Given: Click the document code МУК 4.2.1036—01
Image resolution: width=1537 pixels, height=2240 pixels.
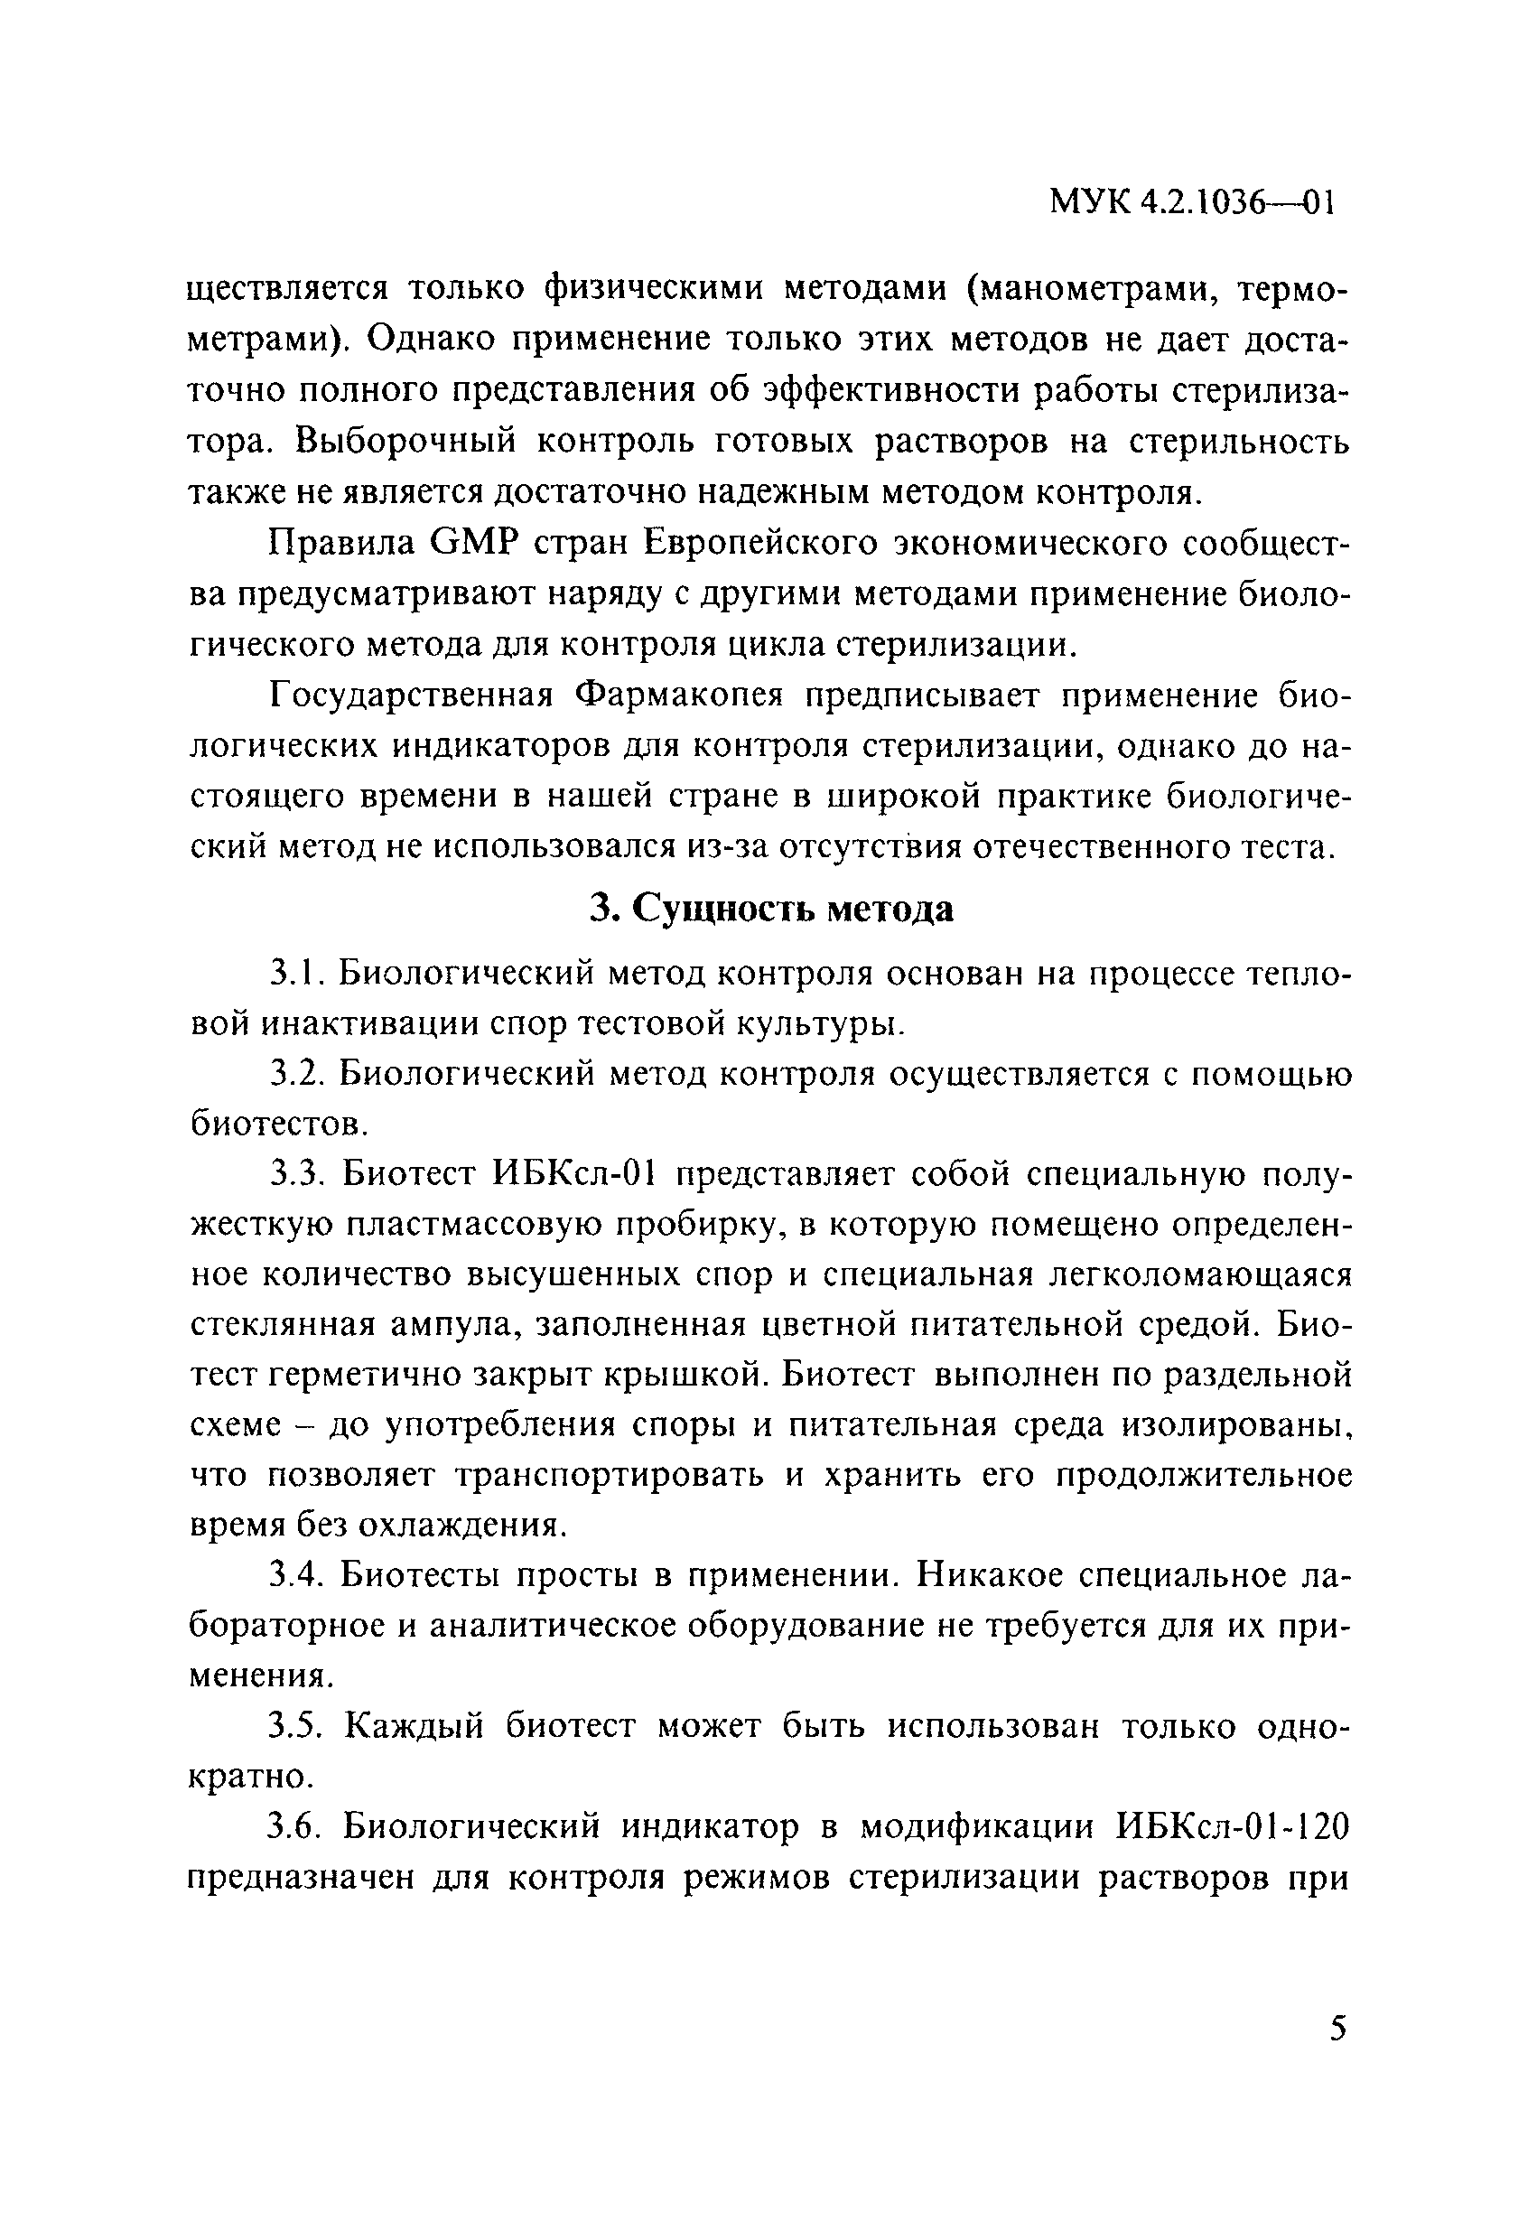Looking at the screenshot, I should (1191, 203).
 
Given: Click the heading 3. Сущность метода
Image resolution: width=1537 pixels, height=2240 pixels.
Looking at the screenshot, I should (771, 908).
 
